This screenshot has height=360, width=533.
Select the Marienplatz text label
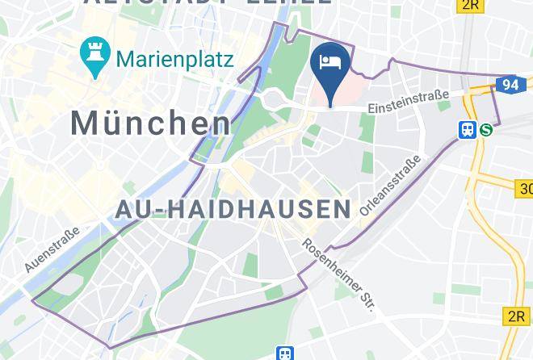[174, 59]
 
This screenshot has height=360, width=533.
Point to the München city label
[151, 123]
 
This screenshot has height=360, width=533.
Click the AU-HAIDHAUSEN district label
[233, 209]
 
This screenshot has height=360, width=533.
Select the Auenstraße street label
[51, 248]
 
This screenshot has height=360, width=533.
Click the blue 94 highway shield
[509, 84]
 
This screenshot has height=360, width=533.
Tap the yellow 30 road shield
[524, 189]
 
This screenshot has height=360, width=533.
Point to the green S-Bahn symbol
[485, 129]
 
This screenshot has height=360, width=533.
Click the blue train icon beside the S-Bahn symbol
[468, 129]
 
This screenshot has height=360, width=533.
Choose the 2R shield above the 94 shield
[470, 6]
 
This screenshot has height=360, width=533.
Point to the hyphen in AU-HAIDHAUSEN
[162, 210]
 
